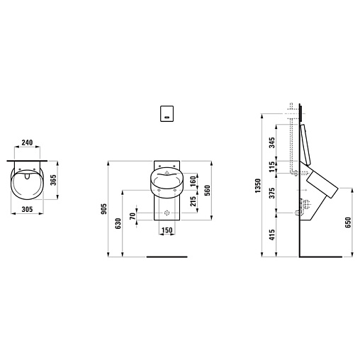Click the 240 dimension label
(x=27, y=142)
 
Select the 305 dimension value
(x=27, y=209)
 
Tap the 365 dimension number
(x=54, y=180)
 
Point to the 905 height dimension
(x=104, y=209)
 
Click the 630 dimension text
(x=118, y=223)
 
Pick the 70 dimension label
(x=133, y=216)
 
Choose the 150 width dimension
(x=167, y=230)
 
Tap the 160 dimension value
(x=193, y=181)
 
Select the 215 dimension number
(x=193, y=201)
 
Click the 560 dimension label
(x=207, y=191)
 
